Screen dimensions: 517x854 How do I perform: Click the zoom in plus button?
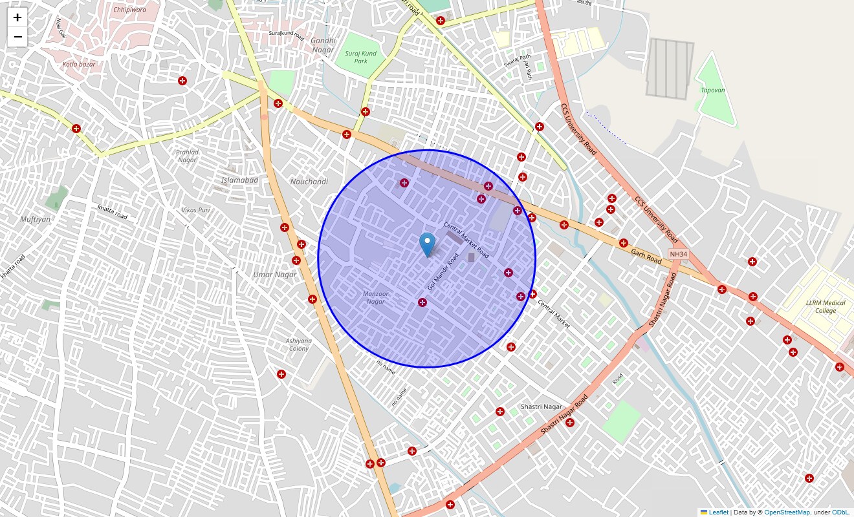pos(17,18)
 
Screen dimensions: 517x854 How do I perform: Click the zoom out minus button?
pos(17,37)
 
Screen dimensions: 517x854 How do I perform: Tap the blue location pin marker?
pos(427,245)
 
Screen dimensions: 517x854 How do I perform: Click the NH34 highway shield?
pos(677,254)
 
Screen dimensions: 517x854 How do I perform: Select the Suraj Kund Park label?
pos(360,58)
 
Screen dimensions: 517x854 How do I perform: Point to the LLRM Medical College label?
pos(826,306)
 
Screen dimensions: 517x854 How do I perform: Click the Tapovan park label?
pos(713,90)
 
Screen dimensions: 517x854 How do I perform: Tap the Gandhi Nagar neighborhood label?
pos(323,45)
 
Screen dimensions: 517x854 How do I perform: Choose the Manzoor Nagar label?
pos(375,297)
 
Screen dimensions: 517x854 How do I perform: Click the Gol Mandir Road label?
pos(443,271)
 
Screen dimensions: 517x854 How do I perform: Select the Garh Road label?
pos(646,257)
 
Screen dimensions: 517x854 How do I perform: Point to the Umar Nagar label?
pos(275,275)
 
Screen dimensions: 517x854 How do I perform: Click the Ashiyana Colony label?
pos(298,344)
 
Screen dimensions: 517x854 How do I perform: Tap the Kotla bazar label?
pos(79,65)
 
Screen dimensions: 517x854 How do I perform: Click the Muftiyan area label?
pos(35,219)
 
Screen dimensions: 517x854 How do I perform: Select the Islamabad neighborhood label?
pos(239,180)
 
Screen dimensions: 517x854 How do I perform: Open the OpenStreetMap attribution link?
pos(787,512)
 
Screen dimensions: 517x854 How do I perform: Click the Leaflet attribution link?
pos(718,512)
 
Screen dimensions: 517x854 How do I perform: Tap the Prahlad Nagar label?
pos(187,156)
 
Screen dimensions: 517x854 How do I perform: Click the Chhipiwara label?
pos(129,10)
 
